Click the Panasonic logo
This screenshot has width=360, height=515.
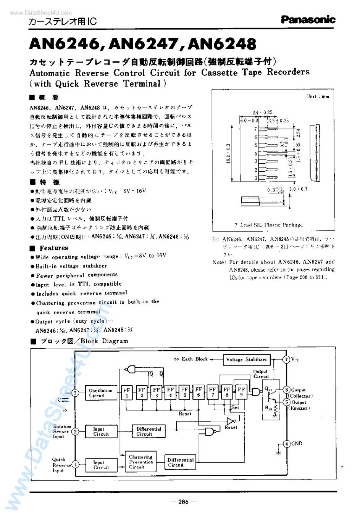pyautogui.click(x=308, y=19)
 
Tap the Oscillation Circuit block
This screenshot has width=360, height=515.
pyautogui.click(x=100, y=393)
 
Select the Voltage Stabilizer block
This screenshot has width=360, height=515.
pyautogui.click(x=247, y=359)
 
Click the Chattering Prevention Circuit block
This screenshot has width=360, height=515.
pyautogui.click(x=140, y=462)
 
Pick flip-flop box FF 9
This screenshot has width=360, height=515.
pyautogui.click(x=241, y=392)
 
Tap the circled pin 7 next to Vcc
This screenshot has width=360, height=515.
pyautogui.click(x=286, y=359)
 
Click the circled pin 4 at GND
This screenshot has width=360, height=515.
pyautogui.click(x=287, y=444)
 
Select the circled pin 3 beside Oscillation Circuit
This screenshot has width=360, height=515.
pyautogui.click(x=76, y=393)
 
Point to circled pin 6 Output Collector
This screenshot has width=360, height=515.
pyautogui.click(x=287, y=390)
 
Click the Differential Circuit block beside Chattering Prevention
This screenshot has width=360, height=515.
pyautogui.click(x=180, y=462)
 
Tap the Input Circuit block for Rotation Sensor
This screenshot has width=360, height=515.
pyautogui.click(x=101, y=431)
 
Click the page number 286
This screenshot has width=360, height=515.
pyautogui.click(x=183, y=502)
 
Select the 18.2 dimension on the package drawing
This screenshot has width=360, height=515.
pyautogui.click(x=228, y=153)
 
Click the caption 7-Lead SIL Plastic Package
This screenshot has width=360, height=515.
pyautogui.click(x=269, y=225)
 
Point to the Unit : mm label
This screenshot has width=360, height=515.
pyautogui.click(x=318, y=97)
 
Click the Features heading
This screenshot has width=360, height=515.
pyautogui.click(x=53, y=248)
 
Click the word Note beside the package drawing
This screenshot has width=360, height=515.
pyautogui.click(x=219, y=262)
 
